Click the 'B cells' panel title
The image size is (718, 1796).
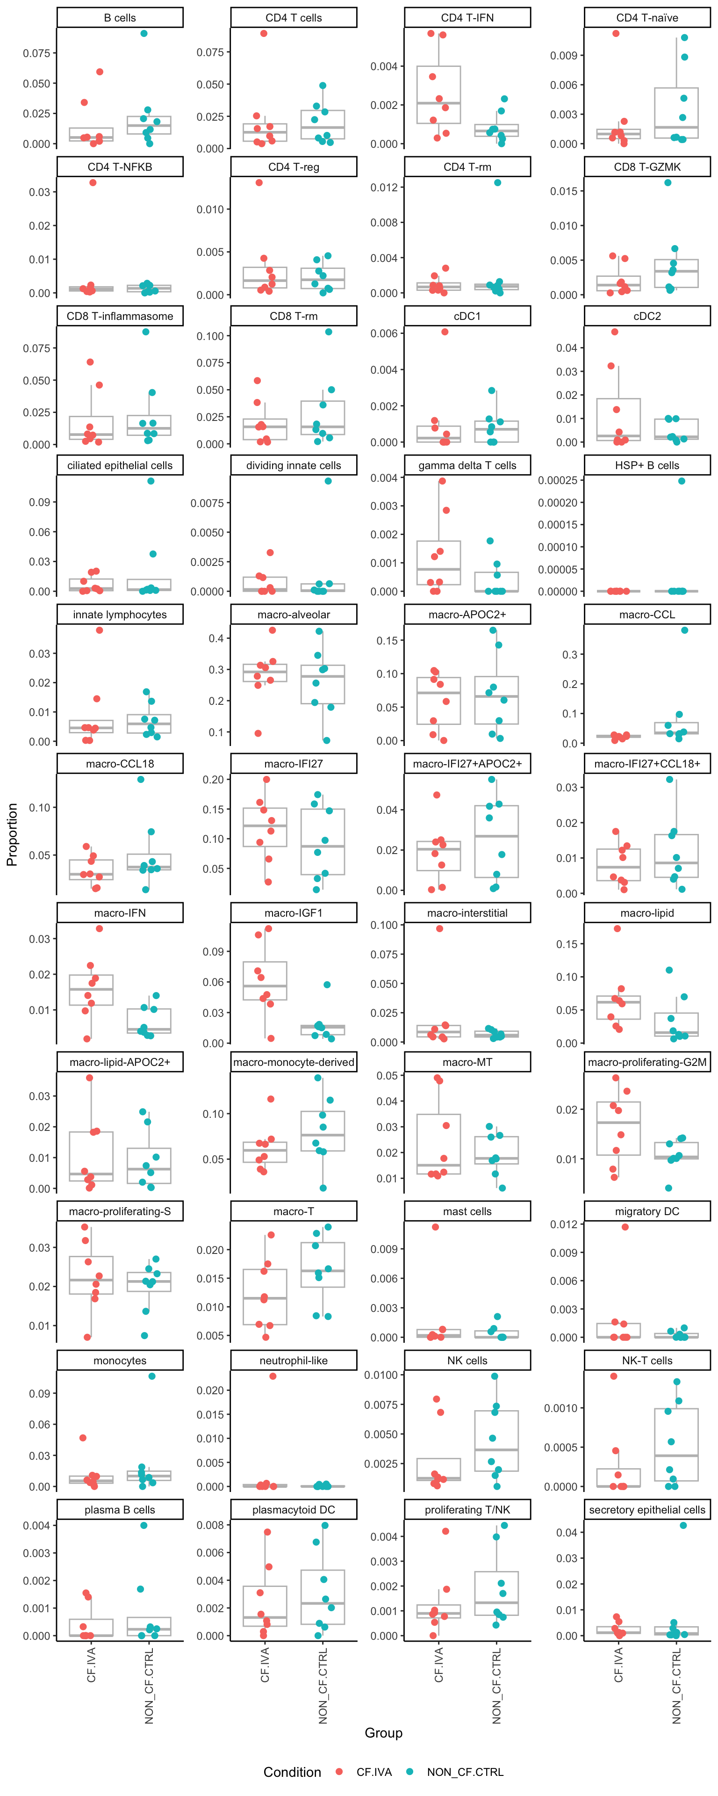coord(119,17)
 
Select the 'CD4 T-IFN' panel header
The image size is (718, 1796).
coord(467,17)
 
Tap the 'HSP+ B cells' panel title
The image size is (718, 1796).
coord(647,465)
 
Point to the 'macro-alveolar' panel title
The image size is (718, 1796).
coord(294,614)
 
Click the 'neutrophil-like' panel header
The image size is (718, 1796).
coord(294,1360)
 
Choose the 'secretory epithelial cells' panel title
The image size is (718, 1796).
coord(647,1509)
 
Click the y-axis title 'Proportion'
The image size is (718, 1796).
coord(12,834)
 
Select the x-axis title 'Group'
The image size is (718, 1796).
coord(383,1732)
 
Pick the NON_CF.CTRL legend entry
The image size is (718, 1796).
coord(464,1772)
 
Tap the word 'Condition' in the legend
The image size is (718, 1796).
coord(292,1772)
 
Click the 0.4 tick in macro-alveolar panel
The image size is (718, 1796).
coord(216,638)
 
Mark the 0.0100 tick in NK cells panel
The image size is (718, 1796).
coord(381,1375)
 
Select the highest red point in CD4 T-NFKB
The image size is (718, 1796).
coord(93,183)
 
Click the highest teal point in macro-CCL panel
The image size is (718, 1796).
coord(684,630)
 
